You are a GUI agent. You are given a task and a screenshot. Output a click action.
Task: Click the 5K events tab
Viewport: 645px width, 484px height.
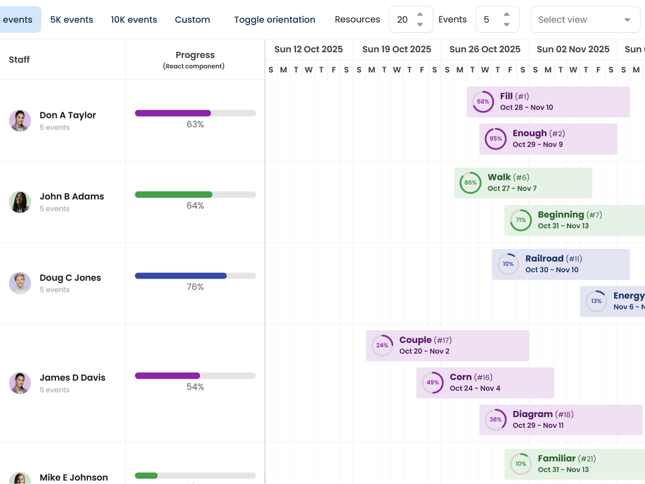[x=72, y=20]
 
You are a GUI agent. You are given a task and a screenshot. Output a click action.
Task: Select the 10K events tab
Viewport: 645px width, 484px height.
[x=134, y=20]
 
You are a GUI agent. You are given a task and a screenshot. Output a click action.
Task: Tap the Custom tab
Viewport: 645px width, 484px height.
[x=192, y=20]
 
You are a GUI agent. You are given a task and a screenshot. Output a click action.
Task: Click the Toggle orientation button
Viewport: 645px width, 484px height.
[x=275, y=20]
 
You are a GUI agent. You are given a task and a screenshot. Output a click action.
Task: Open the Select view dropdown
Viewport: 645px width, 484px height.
[x=585, y=20]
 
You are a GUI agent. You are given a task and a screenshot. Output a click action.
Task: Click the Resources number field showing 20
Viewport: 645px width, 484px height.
[x=403, y=20]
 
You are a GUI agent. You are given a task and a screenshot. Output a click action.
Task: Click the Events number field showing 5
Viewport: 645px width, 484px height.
[x=488, y=20]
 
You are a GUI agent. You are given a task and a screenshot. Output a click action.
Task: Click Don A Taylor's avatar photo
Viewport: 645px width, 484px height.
[x=20, y=120]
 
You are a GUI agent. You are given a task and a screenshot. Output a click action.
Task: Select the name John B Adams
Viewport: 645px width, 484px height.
[x=72, y=197]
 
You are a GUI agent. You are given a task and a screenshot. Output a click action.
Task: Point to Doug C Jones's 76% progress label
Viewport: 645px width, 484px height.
[x=195, y=287]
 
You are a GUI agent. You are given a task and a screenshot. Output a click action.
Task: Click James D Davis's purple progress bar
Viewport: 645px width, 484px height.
[x=168, y=376]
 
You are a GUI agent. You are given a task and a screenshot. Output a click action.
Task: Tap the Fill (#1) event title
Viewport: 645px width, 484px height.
[x=514, y=96]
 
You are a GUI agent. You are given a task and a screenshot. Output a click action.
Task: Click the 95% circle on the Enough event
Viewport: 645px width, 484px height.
[x=496, y=139]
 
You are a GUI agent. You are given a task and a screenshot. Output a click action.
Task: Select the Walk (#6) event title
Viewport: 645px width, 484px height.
[x=508, y=178]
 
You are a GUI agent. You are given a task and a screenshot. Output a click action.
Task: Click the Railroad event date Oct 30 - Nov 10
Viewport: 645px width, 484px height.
[x=552, y=270]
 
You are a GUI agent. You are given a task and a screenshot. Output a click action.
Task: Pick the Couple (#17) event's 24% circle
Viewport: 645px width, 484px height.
[x=382, y=346]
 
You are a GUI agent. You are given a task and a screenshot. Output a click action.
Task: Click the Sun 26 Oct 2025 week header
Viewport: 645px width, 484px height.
[x=485, y=49]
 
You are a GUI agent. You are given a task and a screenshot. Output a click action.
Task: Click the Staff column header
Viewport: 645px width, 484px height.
[x=20, y=60]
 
